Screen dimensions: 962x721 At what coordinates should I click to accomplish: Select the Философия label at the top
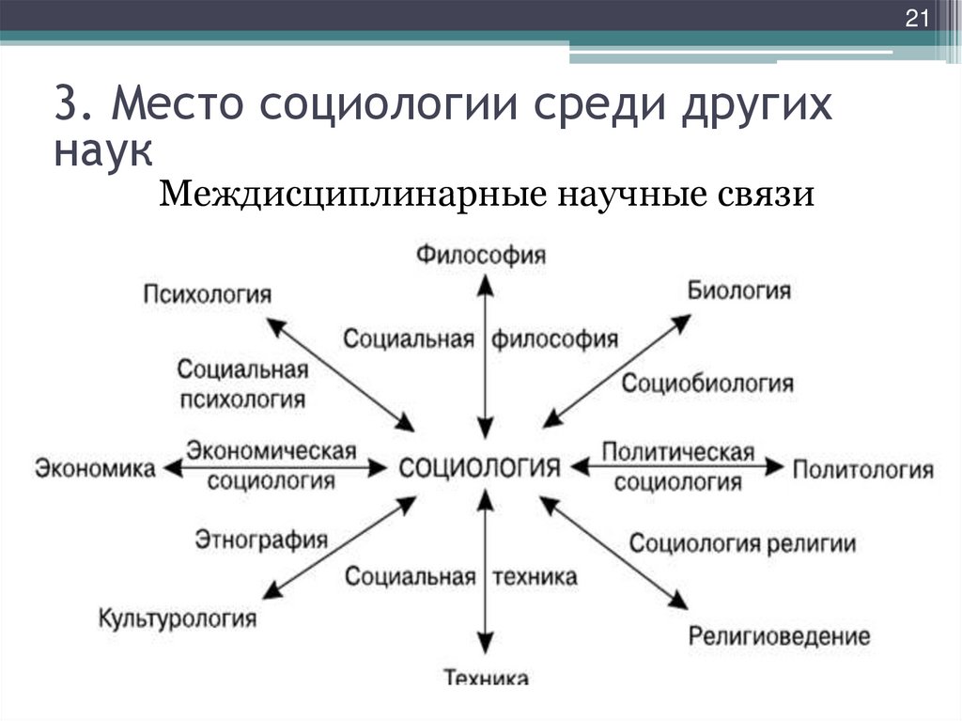[481, 255]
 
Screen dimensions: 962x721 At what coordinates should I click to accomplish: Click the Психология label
[208, 294]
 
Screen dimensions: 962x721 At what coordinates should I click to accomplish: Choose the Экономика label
[96, 467]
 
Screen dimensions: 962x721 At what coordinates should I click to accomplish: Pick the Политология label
[862, 467]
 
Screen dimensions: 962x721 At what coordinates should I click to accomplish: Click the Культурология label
[178, 619]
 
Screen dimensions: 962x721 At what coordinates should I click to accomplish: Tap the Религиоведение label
[780, 635]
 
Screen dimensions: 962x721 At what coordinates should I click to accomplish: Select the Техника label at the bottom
[485, 677]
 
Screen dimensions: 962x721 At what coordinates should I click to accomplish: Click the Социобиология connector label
[707, 384]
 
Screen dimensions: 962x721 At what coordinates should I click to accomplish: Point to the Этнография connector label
[261, 540]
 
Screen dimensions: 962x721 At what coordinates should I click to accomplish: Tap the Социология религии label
[742, 543]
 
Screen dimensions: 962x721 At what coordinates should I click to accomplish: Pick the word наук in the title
[100, 149]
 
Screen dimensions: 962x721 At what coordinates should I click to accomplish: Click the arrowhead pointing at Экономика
[171, 467]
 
